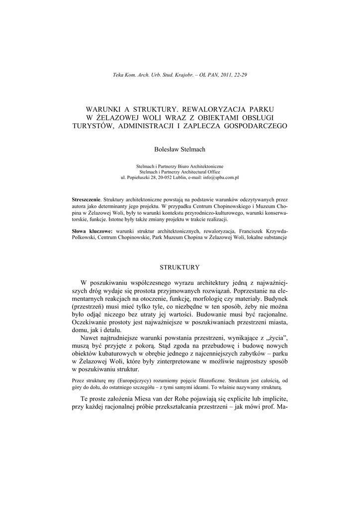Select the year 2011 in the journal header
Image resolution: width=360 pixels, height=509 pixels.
pyautogui.click(x=220, y=75)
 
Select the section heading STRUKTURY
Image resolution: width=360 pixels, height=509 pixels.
pyautogui.click(x=180, y=267)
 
